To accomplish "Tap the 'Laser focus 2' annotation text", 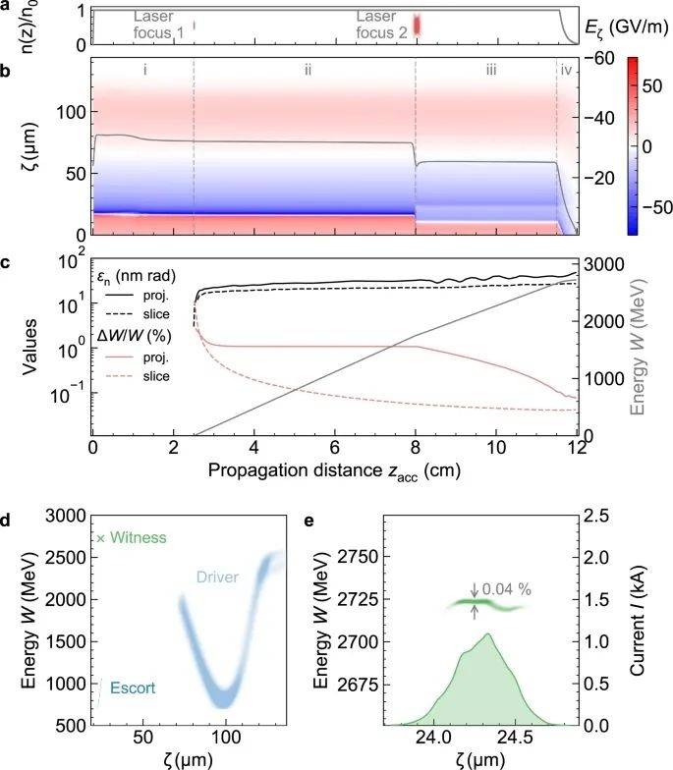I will [x=376, y=26].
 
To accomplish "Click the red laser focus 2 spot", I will [x=416, y=26].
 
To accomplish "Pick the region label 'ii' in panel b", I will [x=308, y=71].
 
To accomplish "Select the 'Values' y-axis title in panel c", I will [x=27, y=347].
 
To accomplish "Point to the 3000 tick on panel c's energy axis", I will [x=598, y=263].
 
